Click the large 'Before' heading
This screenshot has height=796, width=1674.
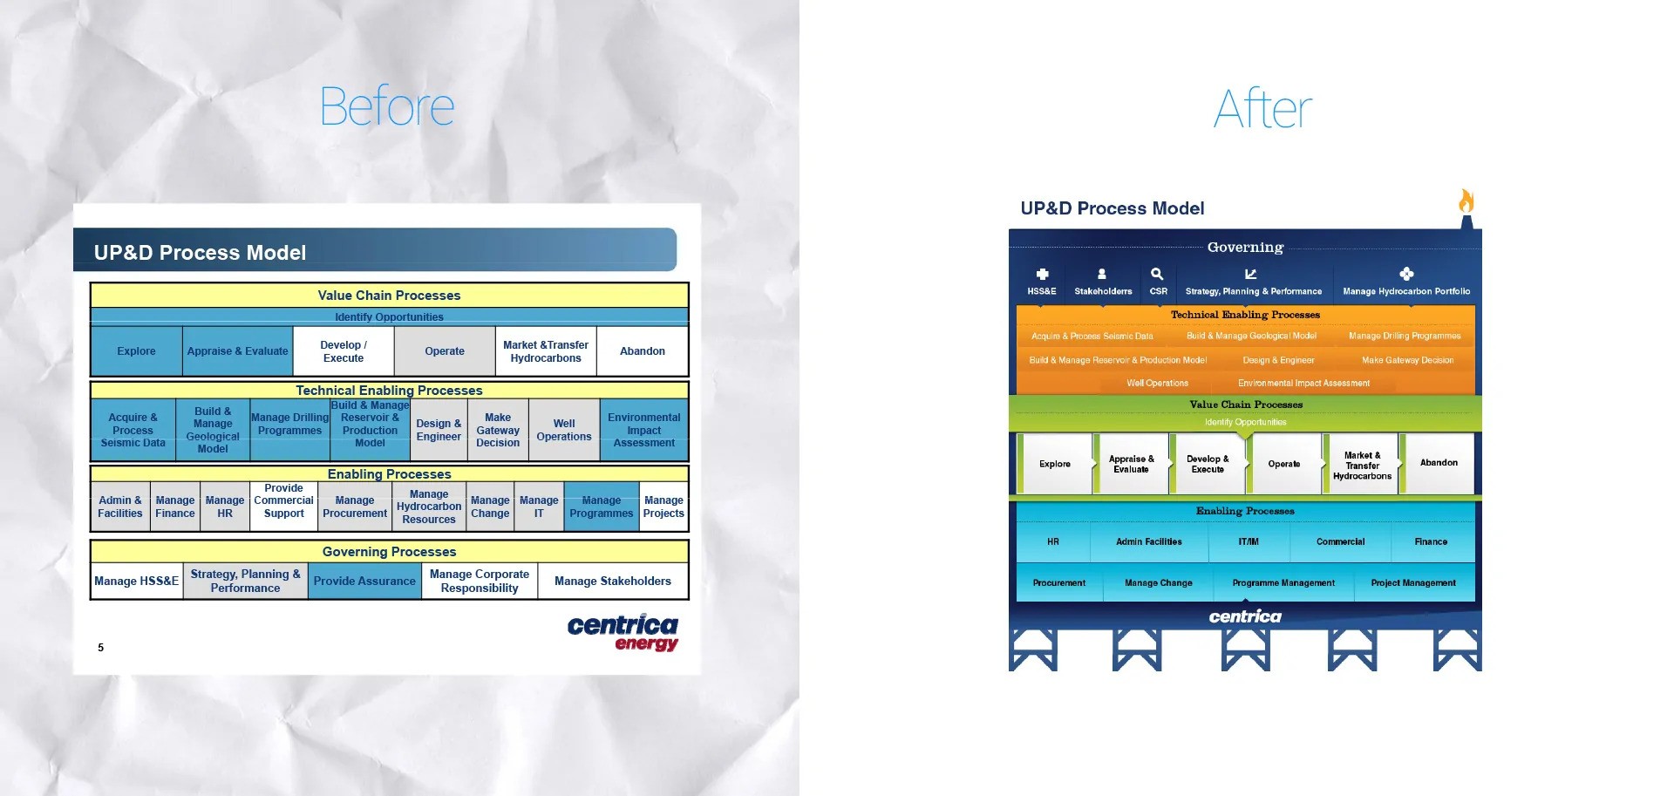pos(387,107)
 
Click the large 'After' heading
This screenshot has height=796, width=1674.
pos(1262,110)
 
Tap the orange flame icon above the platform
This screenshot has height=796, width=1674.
pos(1466,201)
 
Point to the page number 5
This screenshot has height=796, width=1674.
pos(101,648)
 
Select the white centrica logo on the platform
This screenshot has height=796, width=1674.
pos(1245,616)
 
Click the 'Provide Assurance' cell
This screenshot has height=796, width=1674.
pos(364,582)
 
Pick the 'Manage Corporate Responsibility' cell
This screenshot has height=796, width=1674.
pos(480,582)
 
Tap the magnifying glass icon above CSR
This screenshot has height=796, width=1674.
pos(1157,274)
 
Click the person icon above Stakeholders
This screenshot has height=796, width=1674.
pos(1102,274)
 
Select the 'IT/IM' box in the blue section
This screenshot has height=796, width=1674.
pos(1249,542)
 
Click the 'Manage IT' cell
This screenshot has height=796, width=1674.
pos(539,507)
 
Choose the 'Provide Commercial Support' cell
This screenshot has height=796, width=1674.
pos(284,501)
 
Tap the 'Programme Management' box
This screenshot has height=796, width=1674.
pos(1283,583)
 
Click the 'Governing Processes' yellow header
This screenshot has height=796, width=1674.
pos(390,552)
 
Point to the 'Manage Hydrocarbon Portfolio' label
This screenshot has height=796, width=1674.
pos(1406,291)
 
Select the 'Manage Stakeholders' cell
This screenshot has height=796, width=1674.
pos(613,582)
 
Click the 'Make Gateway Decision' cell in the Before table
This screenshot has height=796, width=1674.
pos(498,430)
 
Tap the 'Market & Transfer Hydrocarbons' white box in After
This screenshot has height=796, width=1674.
pos(1362,466)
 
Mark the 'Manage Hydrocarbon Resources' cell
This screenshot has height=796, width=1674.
pos(429,507)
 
